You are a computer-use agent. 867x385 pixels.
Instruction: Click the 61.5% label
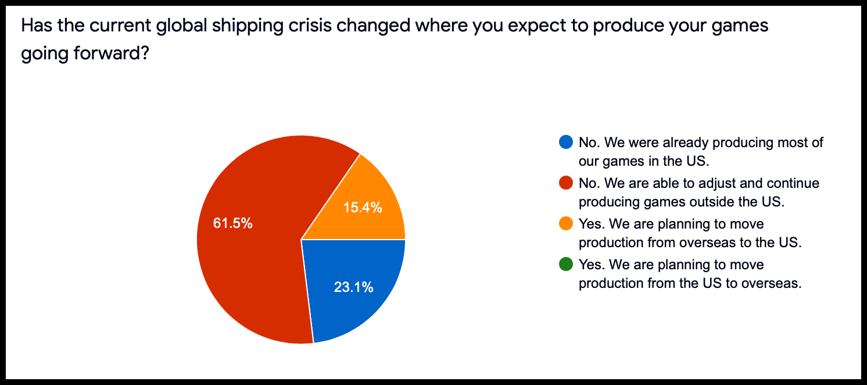coord(232,223)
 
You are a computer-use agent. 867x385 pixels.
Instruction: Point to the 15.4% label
coord(363,208)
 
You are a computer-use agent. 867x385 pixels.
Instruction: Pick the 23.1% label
coord(353,287)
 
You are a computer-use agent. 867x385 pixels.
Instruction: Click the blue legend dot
coord(566,142)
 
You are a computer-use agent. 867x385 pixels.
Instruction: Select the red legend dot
coord(566,183)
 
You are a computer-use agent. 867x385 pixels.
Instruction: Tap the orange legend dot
coord(566,223)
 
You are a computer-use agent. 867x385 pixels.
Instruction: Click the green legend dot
coord(566,264)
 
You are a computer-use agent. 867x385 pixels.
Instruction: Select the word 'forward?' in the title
coord(112,53)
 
